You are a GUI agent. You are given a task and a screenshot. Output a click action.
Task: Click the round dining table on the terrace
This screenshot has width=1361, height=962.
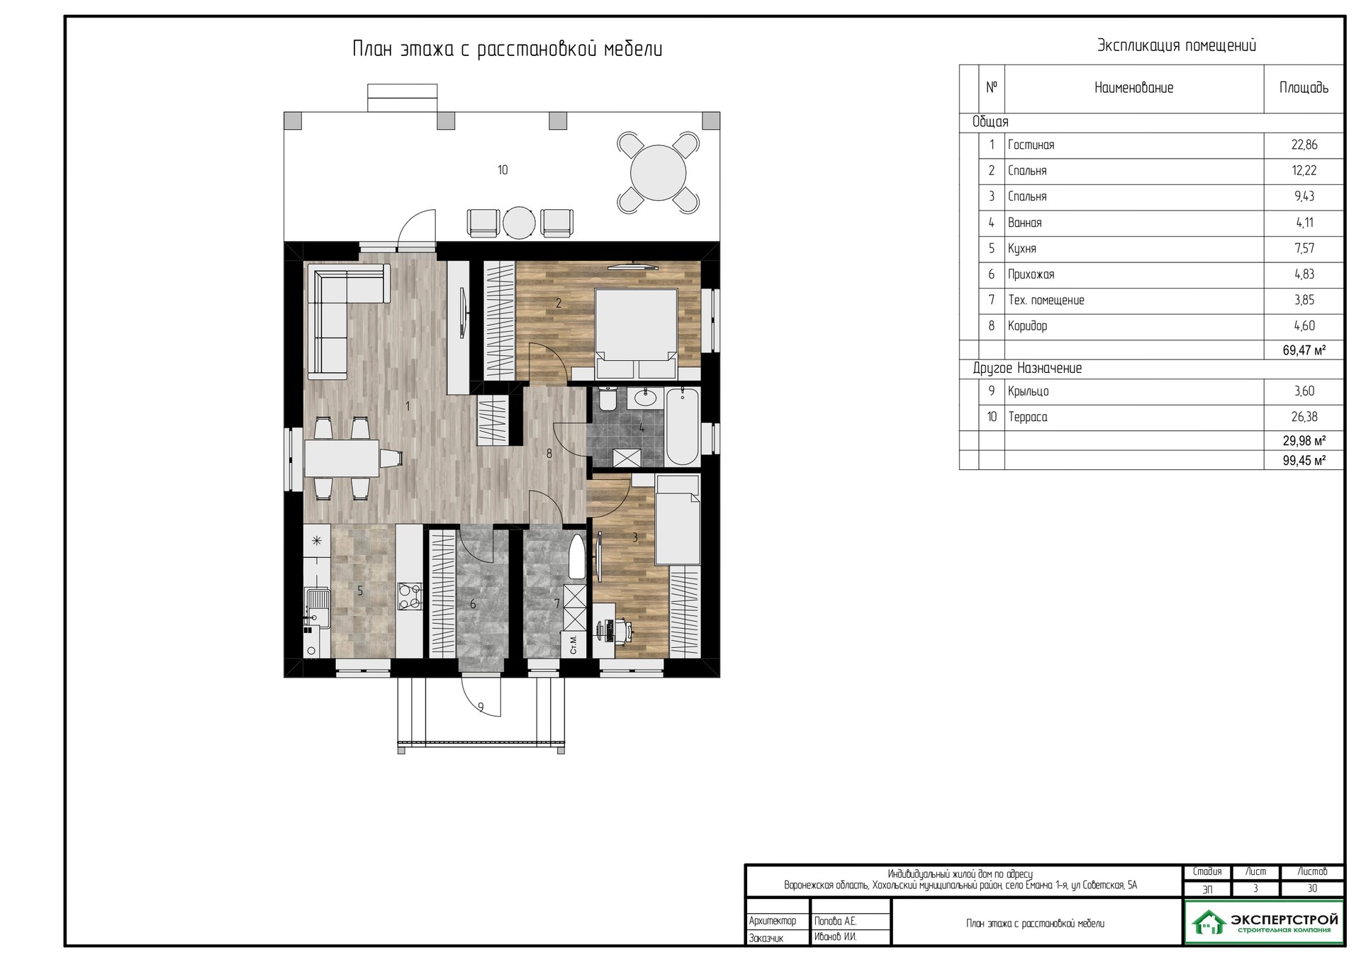pyautogui.click(x=659, y=173)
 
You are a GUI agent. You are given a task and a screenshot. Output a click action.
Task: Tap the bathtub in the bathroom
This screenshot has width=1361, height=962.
pyautogui.click(x=683, y=426)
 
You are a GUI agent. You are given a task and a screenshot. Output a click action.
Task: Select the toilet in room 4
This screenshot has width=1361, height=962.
pyautogui.click(x=607, y=399)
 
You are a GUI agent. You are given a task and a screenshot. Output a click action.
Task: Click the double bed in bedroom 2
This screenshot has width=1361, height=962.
pyautogui.click(x=637, y=333)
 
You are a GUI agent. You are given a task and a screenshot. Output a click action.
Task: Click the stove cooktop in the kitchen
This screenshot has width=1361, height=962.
pyautogui.click(x=409, y=596)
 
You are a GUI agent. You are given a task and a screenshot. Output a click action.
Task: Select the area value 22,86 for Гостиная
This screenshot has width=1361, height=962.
pyautogui.click(x=1304, y=145)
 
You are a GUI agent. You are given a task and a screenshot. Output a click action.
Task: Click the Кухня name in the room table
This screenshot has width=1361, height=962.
pyautogui.click(x=1022, y=249)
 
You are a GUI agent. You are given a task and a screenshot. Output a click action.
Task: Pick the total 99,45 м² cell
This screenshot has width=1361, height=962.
pyautogui.click(x=1304, y=461)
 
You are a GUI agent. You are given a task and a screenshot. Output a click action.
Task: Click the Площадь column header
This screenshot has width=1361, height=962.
pyautogui.click(x=1304, y=88)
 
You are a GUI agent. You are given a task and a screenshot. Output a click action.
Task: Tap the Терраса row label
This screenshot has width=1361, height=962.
pyautogui.click(x=1028, y=418)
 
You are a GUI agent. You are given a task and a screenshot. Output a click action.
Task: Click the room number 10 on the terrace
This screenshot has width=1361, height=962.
pyautogui.click(x=503, y=170)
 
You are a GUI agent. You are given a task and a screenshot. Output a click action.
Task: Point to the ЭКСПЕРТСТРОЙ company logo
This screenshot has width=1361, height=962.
pyautogui.click(x=1264, y=922)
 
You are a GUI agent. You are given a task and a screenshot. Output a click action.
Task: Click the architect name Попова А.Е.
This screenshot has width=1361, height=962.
pyautogui.click(x=835, y=922)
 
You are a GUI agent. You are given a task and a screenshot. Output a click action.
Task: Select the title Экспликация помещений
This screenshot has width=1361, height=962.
pyautogui.click(x=1177, y=46)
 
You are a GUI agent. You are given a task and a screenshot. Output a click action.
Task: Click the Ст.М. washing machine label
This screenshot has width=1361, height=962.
pyautogui.click(x=573, y=644)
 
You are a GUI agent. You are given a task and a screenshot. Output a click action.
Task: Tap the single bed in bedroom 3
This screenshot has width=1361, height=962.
pyautogui.click(x=678, y=520)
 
